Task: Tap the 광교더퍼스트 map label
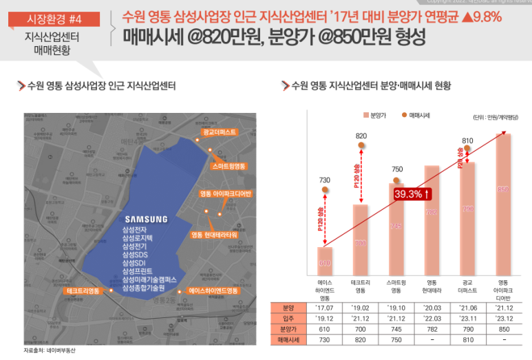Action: point(220,131)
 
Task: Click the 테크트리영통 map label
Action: point(84,291)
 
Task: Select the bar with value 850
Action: point(503,203)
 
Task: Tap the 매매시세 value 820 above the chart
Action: point(361,136)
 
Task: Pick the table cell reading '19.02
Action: point(361,308)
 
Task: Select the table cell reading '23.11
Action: point(468,319)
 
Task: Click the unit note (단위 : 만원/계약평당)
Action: point(496,117)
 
